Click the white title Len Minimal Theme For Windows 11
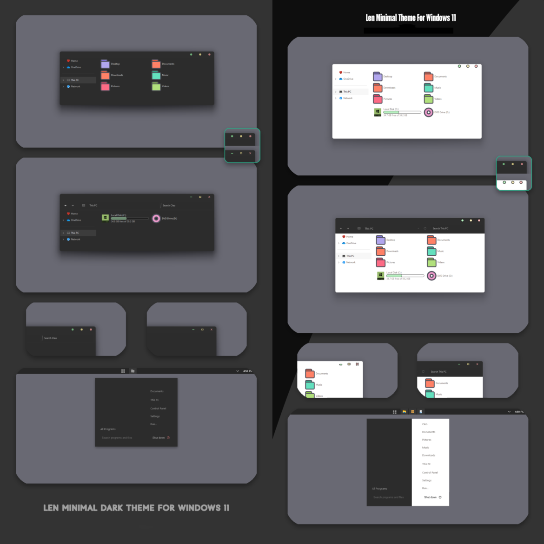[411, 18]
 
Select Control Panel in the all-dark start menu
[158, 408]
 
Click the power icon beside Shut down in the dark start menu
[168, 438]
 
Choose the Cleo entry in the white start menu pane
[425, 424]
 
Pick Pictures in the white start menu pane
[426, 440]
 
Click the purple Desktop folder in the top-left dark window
[106, 64]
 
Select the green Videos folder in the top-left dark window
[156, 86]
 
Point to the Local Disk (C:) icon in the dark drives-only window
[105, 218]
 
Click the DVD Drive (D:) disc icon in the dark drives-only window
[156, 218]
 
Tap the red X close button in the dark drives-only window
[209, 197]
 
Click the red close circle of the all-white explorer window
[476, 66]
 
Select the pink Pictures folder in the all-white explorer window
[378, 99]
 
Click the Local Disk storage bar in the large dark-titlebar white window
[405, 276]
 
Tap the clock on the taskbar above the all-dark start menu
[247, 371]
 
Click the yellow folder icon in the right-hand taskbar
[412, 412]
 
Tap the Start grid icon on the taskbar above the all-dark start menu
[123, 371]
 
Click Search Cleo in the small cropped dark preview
[50, 338]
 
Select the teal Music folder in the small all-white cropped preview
[310, 385]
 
